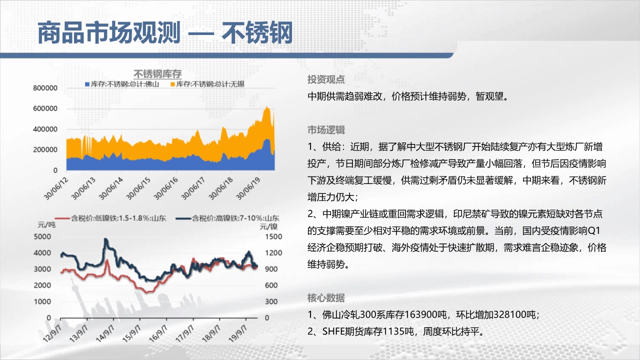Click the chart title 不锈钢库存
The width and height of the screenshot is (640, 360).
point(157,74)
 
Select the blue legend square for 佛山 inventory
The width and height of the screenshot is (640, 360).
point(87,84)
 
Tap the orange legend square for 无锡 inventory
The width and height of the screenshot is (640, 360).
point(172,84)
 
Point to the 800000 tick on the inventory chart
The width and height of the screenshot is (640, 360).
point(45,88)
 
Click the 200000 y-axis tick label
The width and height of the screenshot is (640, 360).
point(45,149)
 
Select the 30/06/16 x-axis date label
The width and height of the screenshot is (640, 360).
point(165,188)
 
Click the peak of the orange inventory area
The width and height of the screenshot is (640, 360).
point(266,107)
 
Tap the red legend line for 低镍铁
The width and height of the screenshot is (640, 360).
point(62,218)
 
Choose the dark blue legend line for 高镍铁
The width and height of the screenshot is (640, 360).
point(183,218)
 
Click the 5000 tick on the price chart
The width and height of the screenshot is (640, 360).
point(42,236)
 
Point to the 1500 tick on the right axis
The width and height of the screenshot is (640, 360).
point(273,236)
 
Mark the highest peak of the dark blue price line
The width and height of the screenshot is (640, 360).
point(105,239)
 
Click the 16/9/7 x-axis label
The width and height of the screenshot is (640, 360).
point(158,333)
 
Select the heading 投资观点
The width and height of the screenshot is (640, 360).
point(326,79)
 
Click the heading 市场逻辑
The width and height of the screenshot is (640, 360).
point(326,130)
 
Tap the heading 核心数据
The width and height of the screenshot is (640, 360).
point(326,298)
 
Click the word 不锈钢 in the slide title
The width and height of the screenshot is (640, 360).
point(257,33)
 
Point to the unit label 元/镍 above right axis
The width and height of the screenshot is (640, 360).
point(268,227)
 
